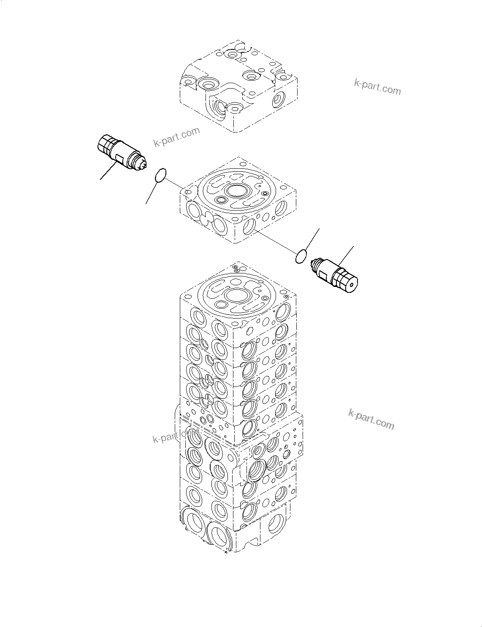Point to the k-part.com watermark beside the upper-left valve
click(x=176, y=137)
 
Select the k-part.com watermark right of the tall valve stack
click(x=371, y=419)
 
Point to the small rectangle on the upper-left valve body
click(x=119, y=159)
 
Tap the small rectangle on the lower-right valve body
click(x=323, y=276)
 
